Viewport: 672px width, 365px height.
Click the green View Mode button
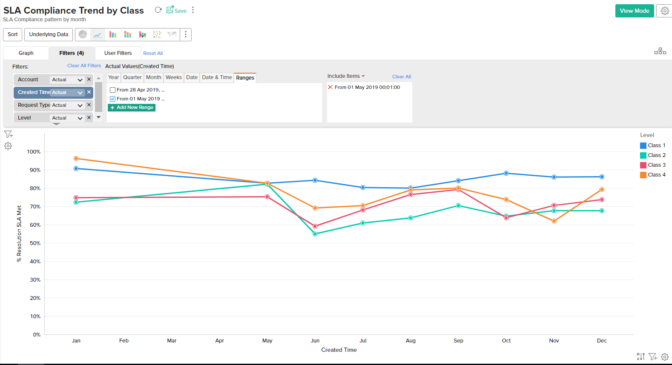pos(634,11)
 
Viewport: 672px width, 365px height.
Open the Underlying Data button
pos(49,34)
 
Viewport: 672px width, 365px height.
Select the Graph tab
pos(26,53)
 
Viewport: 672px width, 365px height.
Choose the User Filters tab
pos(118,53)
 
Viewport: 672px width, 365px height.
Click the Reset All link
pos(153,54)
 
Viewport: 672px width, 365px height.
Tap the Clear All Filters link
pos(84,66)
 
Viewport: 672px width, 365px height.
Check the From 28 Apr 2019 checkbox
pos(113,90)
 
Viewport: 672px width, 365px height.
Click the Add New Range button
pos(132,108)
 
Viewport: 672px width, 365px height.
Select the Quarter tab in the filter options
pos(132,77)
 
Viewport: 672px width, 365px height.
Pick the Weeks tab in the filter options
pos(174,77)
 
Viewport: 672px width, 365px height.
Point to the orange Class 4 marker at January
pos(76,159)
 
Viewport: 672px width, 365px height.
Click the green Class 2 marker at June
pos(315,234)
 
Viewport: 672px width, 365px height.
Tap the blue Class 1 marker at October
pos(506,174)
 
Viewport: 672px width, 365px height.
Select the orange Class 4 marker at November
pos(554,221)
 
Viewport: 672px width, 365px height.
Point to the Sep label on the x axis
pos(458,341)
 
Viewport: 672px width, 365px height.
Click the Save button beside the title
pos(176,11)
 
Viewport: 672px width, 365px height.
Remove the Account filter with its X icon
pos(89,79)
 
